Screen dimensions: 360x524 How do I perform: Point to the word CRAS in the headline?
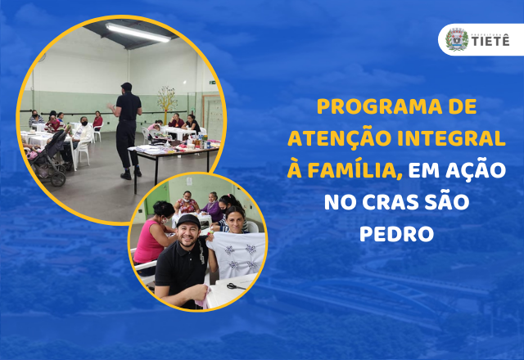coord(391,202)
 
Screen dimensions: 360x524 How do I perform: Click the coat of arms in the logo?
coord(457,39)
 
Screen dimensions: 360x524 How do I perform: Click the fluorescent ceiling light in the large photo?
coord(138,33)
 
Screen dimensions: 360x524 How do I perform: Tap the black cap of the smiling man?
coord(188,220)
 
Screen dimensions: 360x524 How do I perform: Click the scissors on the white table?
coord(233,286)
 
